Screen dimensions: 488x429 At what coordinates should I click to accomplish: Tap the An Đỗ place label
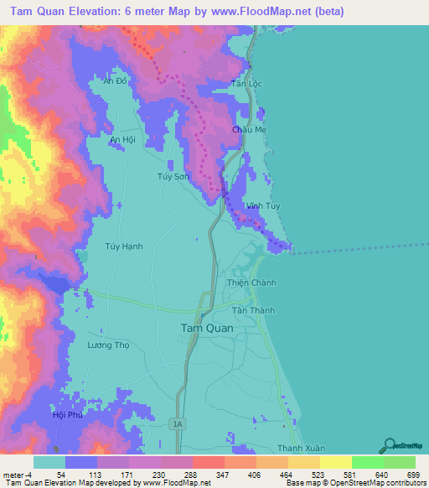point(114,81)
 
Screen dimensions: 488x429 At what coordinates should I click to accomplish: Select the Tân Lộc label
point(246,84)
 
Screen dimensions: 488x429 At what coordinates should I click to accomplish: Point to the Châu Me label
point(249,131)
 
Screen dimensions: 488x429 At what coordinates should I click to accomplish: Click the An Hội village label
point(122,140)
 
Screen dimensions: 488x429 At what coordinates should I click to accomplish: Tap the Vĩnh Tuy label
point(263,205)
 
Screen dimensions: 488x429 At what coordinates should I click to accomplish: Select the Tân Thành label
point(253,310)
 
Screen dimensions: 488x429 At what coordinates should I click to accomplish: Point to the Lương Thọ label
point(110,345)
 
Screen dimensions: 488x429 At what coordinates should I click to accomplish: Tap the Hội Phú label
point(69,415)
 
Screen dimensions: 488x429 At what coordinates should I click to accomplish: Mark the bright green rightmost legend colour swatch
point(399,462)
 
